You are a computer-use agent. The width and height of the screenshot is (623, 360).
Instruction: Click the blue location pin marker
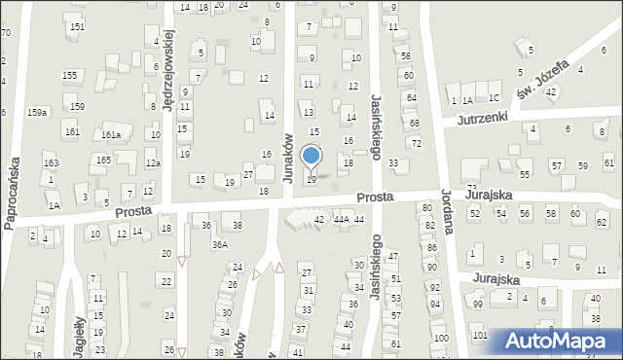pos(311,157)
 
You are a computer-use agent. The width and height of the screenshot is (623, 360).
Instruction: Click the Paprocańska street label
pos(13,191)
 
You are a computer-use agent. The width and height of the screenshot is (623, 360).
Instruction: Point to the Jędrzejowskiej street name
pos(169,70)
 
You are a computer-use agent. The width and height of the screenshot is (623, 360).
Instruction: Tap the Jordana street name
pos(448,212)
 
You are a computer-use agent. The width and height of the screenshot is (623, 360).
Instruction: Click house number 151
pos(77,26)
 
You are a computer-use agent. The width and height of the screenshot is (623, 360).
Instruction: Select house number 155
pos(69,75)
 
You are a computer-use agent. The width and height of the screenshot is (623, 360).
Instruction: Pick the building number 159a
pos(37,113)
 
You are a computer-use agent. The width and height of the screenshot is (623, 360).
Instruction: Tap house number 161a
pos(111,135)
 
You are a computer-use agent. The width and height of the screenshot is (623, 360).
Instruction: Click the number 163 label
pos(51,162)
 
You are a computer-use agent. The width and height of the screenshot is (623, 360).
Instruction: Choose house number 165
pos(103,159)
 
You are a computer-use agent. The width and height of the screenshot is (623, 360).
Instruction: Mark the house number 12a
pos(153,163)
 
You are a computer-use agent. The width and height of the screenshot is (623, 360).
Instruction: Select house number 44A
pos(341,220)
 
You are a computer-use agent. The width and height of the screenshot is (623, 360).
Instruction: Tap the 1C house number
pos(494,98)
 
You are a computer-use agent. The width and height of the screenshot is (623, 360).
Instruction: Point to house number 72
pos(417,143)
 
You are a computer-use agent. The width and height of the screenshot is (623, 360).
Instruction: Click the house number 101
pos(479,335)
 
